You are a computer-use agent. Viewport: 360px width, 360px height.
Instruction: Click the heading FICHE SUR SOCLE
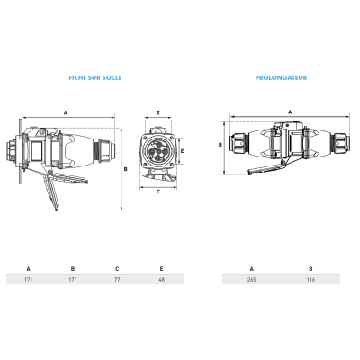(95, 77)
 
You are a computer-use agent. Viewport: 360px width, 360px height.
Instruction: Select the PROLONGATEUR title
(281, 77)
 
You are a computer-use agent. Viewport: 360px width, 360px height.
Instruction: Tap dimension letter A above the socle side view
(66, 112)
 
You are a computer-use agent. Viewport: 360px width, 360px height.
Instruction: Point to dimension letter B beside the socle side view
(126, 169)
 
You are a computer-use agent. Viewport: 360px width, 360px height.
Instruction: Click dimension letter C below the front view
(158, 192)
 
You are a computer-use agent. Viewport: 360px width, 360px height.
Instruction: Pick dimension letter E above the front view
(158, 112)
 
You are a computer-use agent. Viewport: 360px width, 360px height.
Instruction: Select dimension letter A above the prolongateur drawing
(290, 112)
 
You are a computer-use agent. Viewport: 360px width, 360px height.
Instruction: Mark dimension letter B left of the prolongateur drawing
(220, 145)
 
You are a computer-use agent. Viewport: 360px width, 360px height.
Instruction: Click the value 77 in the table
(117, 280)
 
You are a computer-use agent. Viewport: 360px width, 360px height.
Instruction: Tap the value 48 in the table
(161, 280)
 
